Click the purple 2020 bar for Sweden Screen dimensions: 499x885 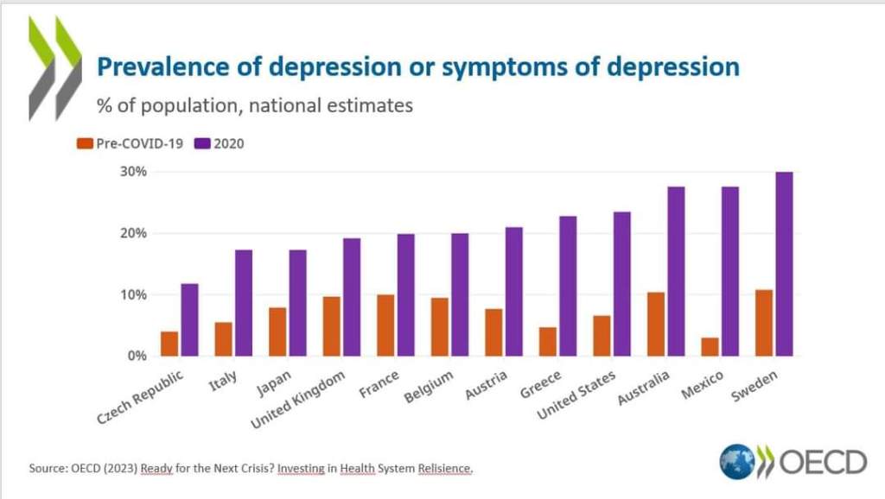(x=784, y=263)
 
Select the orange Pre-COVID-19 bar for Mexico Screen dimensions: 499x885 (x=710, y=346)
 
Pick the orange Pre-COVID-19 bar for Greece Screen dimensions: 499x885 (x=547, y=341)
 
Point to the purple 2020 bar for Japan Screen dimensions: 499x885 (x=297, y=302)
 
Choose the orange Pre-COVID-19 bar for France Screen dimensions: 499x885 (x=385, y=325)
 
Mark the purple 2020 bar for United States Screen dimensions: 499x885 (x=622, y=283)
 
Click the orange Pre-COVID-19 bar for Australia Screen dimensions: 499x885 (x=656, y=324)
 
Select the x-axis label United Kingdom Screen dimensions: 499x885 (x=298, y=401)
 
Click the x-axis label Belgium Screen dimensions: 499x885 (x=429, y=389)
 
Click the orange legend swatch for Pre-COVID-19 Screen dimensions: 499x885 (x=85, y=143)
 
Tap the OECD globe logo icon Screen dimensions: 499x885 (x=737, y=462)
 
